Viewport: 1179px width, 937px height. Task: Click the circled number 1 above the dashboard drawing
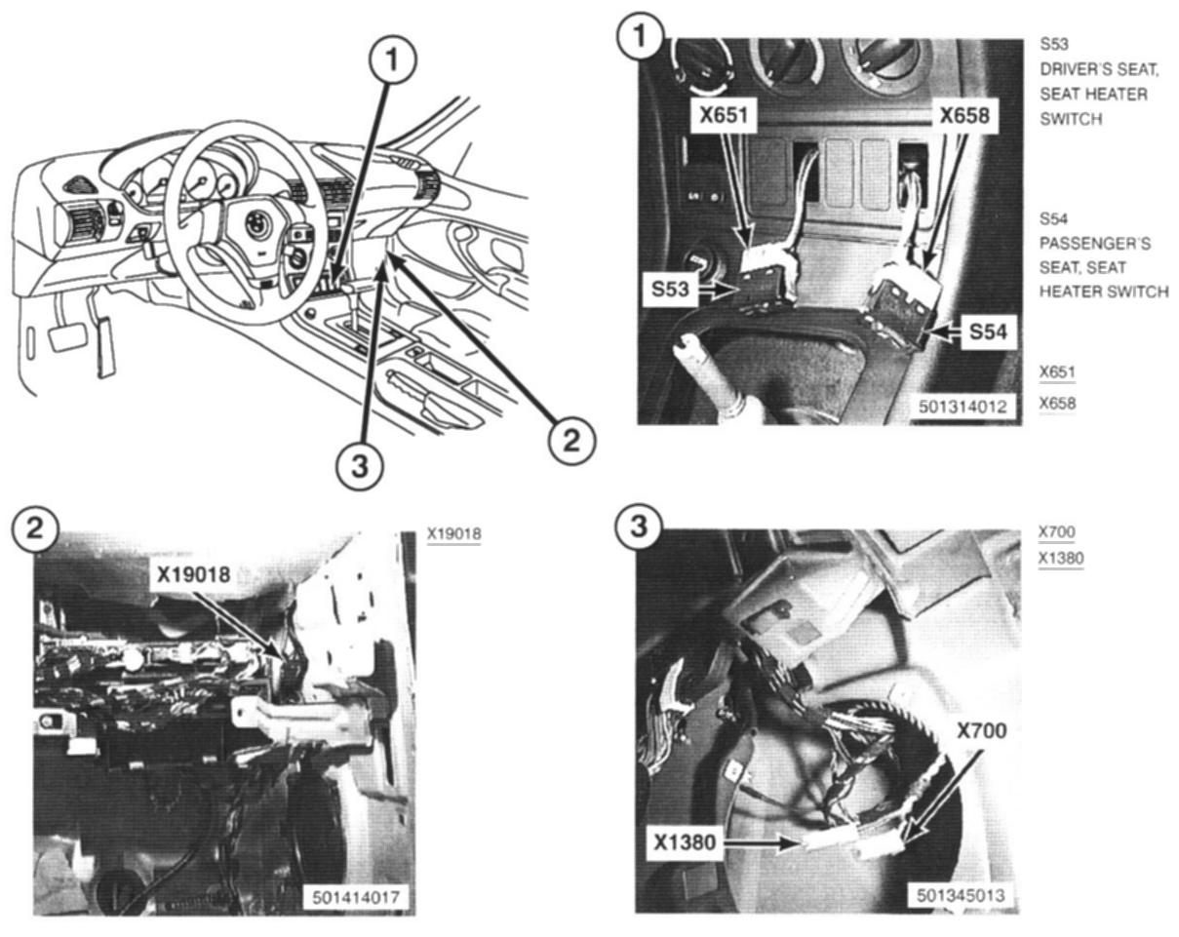(392, 59)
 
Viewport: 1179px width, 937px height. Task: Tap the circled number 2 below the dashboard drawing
(571, 440)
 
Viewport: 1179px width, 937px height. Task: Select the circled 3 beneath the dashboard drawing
(360, 467)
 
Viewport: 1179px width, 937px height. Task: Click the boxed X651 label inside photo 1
(724, 115)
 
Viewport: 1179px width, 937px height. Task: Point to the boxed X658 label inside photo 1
(964, 115)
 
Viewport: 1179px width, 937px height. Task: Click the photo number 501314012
(963, 406)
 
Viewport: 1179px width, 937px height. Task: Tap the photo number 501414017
(356, 897)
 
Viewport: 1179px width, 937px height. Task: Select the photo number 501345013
(961, 895)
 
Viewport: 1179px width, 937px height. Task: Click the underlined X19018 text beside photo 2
(454, 533)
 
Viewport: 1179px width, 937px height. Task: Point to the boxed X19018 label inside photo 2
(193, 574)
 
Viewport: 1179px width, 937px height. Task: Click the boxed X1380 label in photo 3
(685, 841)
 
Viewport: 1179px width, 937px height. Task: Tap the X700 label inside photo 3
(981, 730)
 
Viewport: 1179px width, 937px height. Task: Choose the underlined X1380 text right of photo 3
(1061, 559)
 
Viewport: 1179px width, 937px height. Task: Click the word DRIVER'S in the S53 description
(1072, 69)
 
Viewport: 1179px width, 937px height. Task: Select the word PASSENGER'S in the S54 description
(1095, 244)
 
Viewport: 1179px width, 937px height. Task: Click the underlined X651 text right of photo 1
(1057, 372)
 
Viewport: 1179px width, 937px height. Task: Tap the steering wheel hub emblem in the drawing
(256, 223)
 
